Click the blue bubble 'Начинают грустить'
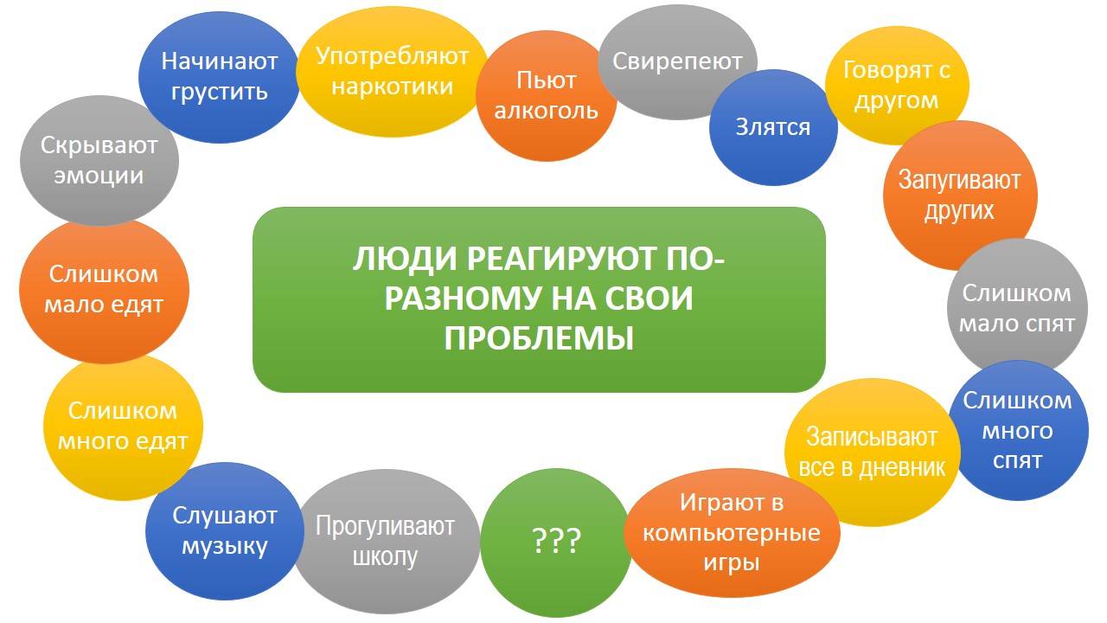click(x=219, y=77)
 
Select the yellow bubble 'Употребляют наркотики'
click(x=392, y=72)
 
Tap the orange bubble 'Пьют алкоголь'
click(x=546, y=96)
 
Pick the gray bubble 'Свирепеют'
click(x=677, y=61)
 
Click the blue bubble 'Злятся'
click(x=773, y=127)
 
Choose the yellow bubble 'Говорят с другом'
click(x=897, y=85)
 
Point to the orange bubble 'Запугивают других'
click(x=960, y=196)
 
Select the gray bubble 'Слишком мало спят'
click(x=1017, y=307)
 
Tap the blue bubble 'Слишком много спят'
click(x=1018, y=430)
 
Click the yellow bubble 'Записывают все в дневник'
click(x=873, y=452)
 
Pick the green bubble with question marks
click(x=556, y=543)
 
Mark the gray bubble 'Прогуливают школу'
click(x=386, y=542)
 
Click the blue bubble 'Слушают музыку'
click(x=224, y=531)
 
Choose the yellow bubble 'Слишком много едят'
click(x=123, y=427)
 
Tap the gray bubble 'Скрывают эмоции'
click(x=99, y=161)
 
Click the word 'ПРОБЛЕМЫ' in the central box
click(x=539, y=338)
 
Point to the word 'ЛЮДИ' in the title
click(x=405, y=259)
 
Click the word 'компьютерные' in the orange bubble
click(x=732, y=533)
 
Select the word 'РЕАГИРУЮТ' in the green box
click(x=562, y=259)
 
